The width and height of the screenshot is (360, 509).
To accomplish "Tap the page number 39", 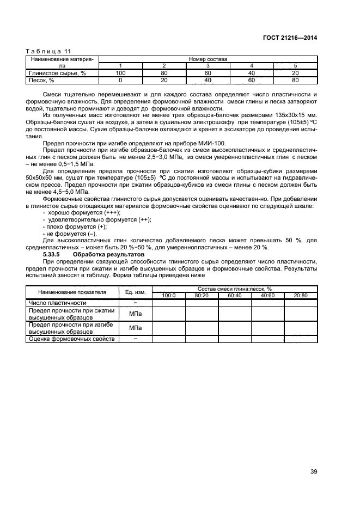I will [x=314, y=471].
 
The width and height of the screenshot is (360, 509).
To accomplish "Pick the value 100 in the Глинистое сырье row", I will [x=120, y=72].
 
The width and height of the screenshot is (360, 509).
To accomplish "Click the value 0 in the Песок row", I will [x=120, y=79].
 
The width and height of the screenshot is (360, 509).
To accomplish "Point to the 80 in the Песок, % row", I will [x=295, y=79].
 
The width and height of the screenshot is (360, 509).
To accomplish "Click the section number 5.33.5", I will [x=52, y=254].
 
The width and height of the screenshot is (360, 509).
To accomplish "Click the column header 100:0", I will [x=168, y=295].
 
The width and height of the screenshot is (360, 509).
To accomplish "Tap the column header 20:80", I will [x=300, y=295].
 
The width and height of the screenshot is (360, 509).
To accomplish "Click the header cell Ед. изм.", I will [x=135, y=292].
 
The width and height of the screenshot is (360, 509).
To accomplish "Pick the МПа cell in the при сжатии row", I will [x=135, y=314].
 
